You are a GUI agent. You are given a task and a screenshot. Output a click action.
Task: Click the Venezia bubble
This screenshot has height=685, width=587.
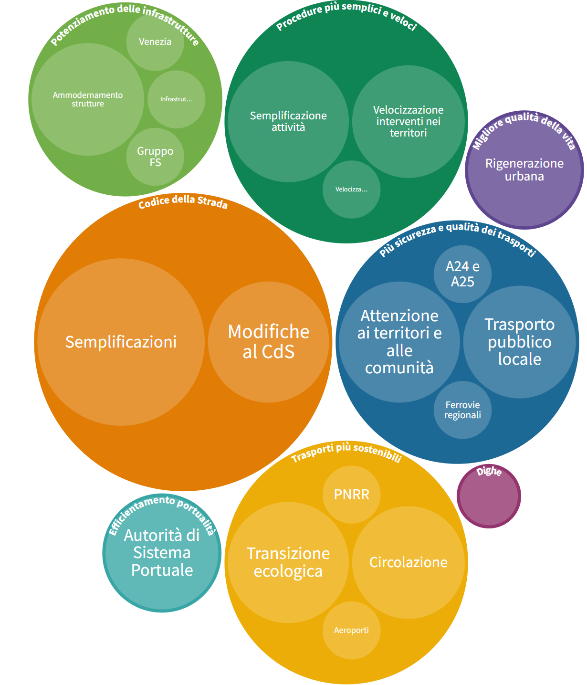point(155,42)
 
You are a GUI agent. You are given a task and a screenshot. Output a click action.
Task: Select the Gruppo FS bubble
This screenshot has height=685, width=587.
point(155,157)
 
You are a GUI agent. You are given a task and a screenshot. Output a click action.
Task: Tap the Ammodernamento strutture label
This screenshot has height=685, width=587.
point(88,99)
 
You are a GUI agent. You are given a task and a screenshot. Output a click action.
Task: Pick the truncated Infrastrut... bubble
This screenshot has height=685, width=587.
point(176,99)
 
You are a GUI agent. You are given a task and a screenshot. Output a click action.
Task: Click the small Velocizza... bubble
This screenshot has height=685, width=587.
point(352,190)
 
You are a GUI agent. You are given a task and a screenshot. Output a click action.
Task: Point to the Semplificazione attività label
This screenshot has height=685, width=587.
point(288,121)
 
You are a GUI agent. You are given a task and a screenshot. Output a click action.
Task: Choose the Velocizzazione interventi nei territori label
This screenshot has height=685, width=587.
point(408,121)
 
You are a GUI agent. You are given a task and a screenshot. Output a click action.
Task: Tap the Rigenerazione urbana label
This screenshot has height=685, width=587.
point(524,169)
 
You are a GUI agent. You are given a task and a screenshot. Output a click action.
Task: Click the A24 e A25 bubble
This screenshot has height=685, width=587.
point(462,274)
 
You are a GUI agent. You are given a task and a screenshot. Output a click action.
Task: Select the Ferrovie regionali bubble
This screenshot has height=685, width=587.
point(462,410)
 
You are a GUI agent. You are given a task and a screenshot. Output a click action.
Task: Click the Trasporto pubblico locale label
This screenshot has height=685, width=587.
point(520,342)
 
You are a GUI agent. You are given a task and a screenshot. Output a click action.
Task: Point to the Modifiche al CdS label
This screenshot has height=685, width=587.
point(269,341)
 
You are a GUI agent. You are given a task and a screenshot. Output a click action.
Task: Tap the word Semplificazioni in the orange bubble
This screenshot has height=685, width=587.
point(121,342)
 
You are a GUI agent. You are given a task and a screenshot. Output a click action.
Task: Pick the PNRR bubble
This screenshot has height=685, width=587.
point(352,494)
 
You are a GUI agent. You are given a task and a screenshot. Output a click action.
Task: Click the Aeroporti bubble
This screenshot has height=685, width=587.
point(352,630)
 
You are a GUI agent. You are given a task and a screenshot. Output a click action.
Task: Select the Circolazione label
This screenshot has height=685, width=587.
point(408,562)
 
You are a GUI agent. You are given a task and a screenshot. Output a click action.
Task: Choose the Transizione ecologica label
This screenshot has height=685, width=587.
point(288,562)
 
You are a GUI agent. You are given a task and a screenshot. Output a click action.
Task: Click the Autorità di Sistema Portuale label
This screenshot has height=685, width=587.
point(162,553)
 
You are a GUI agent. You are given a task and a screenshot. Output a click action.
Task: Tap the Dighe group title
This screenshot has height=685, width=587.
point(489,472)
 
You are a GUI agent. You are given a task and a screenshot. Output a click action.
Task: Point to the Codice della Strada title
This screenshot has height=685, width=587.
point(183,203)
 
